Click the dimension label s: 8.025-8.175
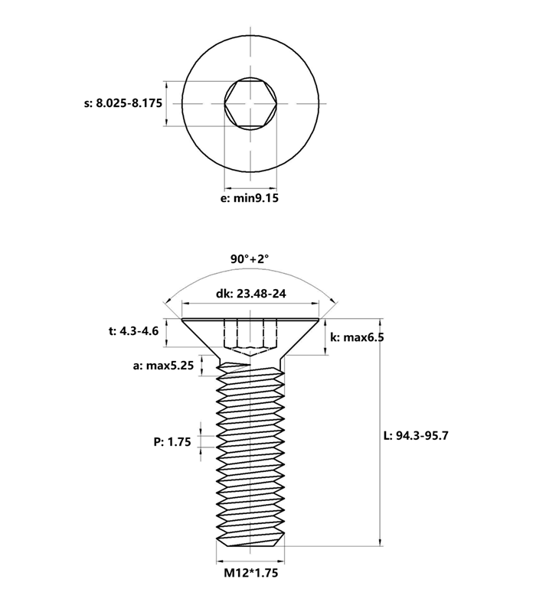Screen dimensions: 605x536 123,103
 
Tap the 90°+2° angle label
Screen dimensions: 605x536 250,259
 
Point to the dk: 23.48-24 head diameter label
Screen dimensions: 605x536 250,294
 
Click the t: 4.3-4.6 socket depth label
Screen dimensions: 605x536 133,331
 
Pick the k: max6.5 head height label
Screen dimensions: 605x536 356,337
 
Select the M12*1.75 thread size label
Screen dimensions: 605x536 250,573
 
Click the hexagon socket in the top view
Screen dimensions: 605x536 250,103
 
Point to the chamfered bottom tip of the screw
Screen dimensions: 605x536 250,541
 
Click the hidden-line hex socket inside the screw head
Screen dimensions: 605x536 250,337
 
